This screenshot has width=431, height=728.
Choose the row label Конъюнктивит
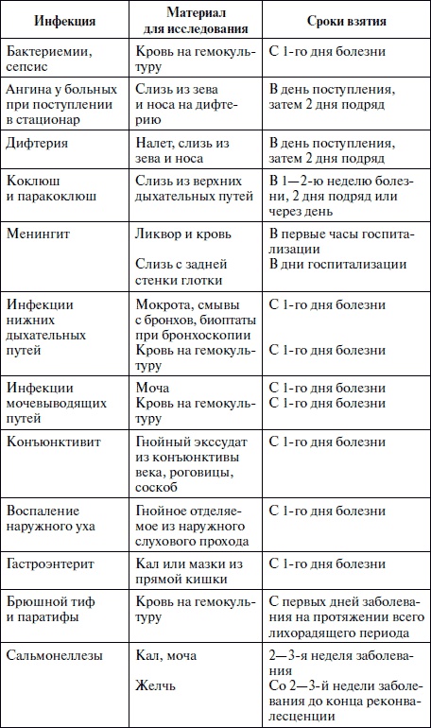coord(55,441)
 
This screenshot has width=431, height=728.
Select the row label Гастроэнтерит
coord(55,563)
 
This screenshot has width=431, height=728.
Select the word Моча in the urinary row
coord(155,388)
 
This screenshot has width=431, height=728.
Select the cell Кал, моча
coord(169,654)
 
